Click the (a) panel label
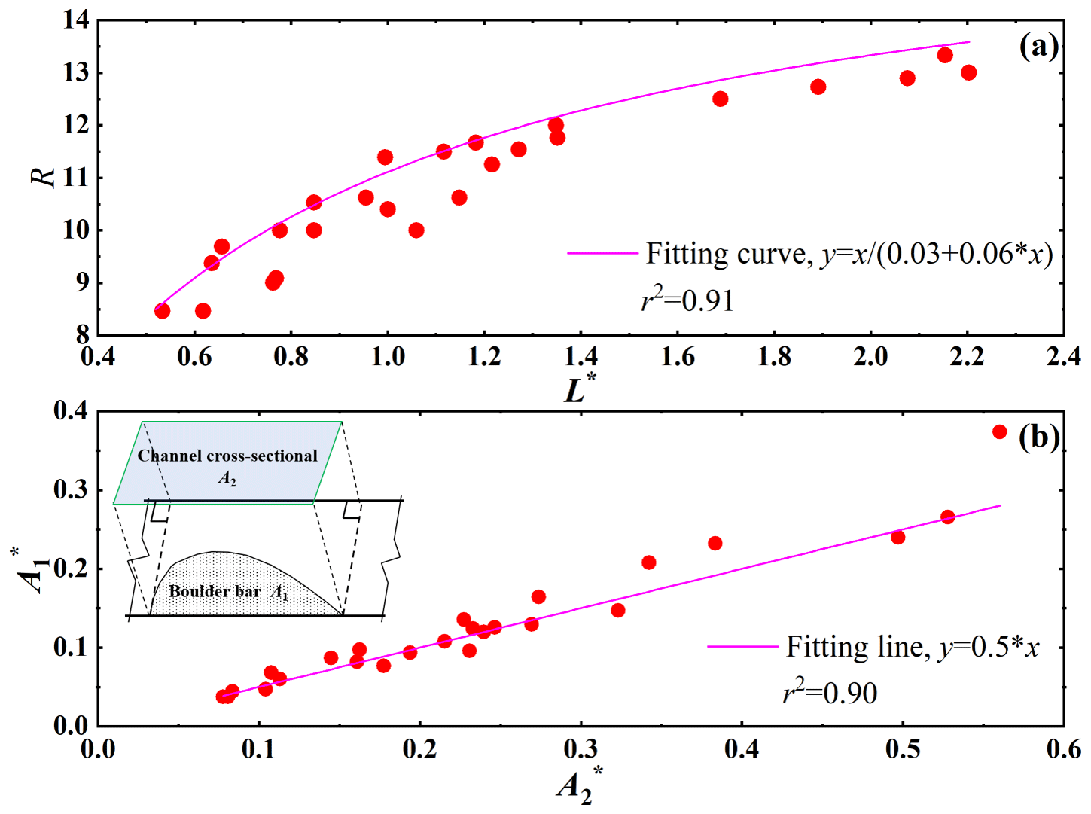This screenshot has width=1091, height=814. (1038, 47)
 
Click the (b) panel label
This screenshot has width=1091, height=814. (1038, 437)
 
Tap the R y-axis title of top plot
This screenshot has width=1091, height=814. (44, 176)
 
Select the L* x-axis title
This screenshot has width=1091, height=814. (579, 389)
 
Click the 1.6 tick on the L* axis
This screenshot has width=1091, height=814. (677, 356)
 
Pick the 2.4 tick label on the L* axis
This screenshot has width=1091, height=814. (1063, 356)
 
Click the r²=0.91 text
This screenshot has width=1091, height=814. (687, 300)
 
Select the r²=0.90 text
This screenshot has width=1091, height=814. (830, 692)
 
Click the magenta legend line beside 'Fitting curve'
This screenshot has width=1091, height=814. (602, 253)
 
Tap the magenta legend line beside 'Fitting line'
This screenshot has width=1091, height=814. (742, 646)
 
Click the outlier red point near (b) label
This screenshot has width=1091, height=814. (999, 431)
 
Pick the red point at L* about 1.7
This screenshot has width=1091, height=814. (720, 99)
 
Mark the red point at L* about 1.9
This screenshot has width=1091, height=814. (818, 87)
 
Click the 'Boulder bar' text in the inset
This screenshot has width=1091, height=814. (215, 592)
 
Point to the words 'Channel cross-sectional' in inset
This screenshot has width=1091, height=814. (227, 456)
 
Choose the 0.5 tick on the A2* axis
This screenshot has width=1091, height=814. (902, 749)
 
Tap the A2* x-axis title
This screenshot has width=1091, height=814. (579, 785)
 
